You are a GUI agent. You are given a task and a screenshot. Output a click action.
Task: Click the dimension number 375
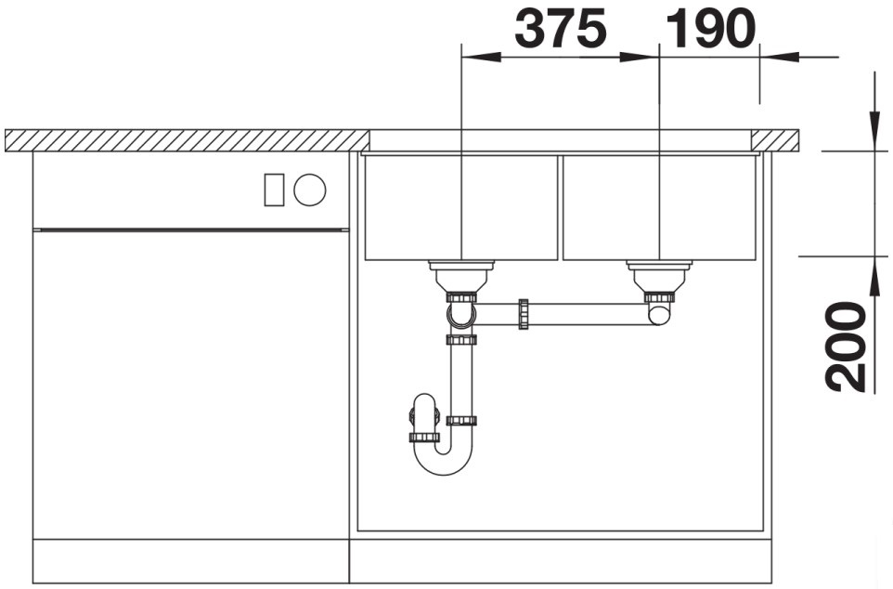(x=561, y=28)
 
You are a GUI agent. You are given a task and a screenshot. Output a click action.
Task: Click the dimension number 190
(x=710, y=28)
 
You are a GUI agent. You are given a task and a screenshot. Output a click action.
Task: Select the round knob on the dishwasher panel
(x=310, y=190)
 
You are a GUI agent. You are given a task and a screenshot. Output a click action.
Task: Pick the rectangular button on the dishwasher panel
(x=274, y=190)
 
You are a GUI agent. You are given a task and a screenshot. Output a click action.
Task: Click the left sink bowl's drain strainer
(x=461, y=276)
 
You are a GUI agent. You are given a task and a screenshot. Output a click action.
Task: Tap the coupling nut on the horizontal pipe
(x=523, y=314)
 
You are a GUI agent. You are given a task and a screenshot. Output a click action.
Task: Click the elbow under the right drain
(x=659, y=313)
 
